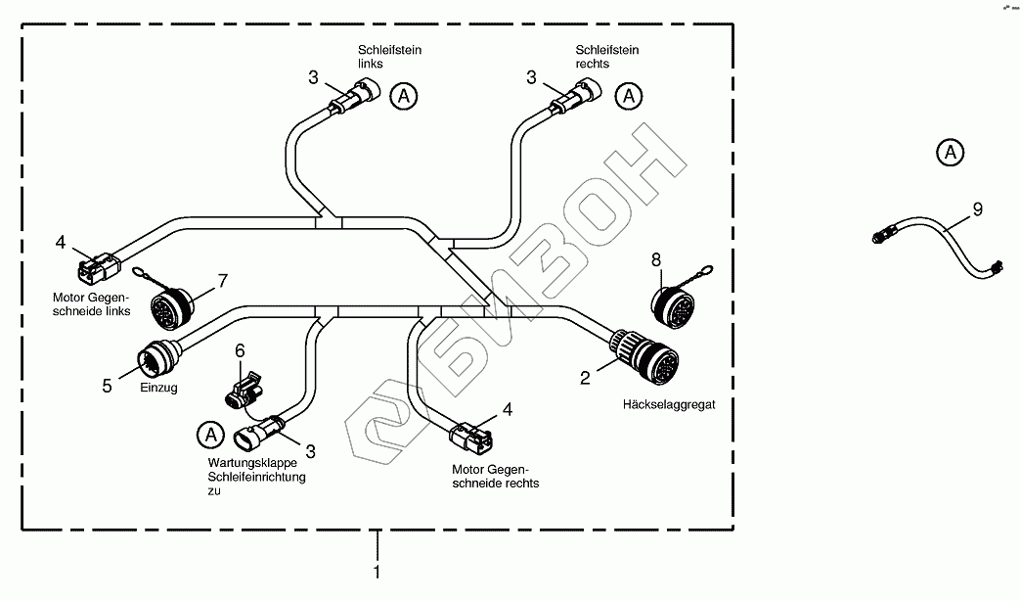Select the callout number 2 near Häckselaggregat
[585, 377]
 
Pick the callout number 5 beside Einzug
[108, 386]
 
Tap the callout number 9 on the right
[977, 208]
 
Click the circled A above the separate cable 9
[949, 153]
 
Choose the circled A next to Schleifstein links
[403, 96]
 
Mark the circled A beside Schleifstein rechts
[630, 96]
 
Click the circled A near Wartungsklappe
[208, 432]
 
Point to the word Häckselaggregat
[669, 404]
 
